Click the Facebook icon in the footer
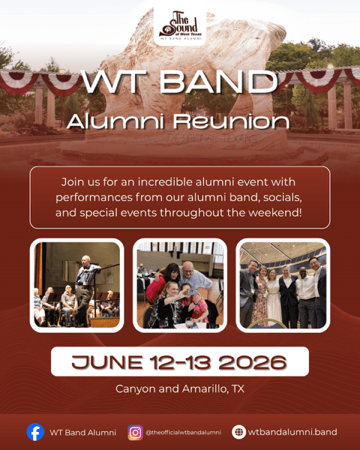coord(35,432)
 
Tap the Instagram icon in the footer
coord(135,432)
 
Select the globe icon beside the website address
coord(238,432)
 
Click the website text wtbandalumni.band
coord(292,432)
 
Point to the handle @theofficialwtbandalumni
coord(183,432)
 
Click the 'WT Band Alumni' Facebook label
coord(83,433)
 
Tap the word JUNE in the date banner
coord(107,362)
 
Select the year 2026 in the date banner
coord(253,362)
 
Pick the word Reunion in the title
coord(232,121)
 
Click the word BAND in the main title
coord(218,82)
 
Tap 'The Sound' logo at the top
coord(180,25)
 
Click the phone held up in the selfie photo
coord(190,292)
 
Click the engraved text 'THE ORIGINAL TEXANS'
coord(211,139)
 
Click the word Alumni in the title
coord(115,121)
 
